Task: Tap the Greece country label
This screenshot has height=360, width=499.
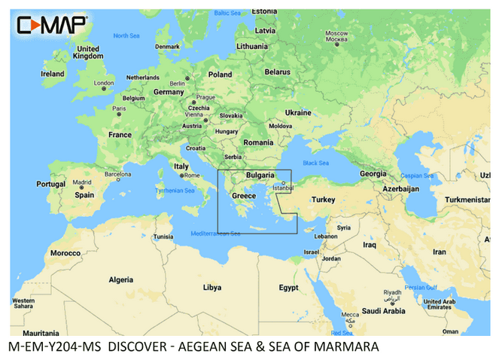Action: tap(244, 196)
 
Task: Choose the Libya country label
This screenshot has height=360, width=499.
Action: tap(213, 287)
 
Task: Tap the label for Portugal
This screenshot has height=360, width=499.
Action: tap(51, 184)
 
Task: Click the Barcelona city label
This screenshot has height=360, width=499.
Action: tap(117, 174)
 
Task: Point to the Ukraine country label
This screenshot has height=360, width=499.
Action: tap(297, 112)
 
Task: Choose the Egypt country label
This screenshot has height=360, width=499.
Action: tap(288, 288)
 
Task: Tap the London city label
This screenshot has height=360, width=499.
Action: tap(102, 83)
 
